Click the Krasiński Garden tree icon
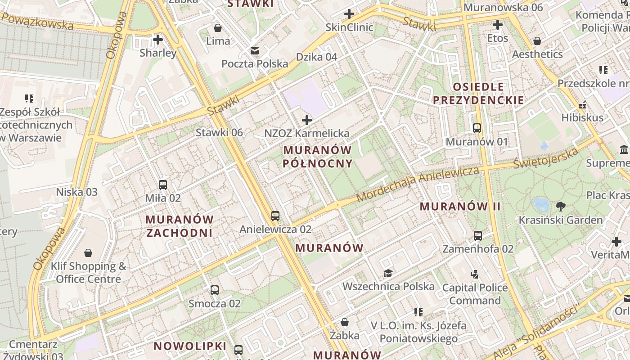pyautogui.click(x=560, y=207)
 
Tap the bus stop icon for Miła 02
pyautogui.click(x=163, y=184)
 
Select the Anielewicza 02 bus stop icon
pyautogui.click(x=275, y=216)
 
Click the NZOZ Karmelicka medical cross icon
pyautogui.click(x=307, y=120)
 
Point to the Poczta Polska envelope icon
pyautogui.click(x=255, y=50)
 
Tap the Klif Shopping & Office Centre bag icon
pyautogui.click(x=88, y=253)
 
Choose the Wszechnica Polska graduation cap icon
pyautogui.click(x=388, y=273)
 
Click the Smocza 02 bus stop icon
pyautogui.click(x=215, y=290)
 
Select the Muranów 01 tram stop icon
pyautogui.click(x=477, y=128)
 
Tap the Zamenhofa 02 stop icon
pyautogui.click(x=478, y=235)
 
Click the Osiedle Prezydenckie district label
pyautogui.click(x=478, y=93)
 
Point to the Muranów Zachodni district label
pyautogui.click(x=180, y=226)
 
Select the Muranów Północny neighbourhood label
pyautogui.click(x=318, y=156)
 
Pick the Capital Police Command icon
pyautogui.click(x=474, y=274)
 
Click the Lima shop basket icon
pyautogui.click(x=218, y=28)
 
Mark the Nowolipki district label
pyautogui.click(x=190, y=346)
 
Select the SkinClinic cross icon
pyautogui.click(x=349, y=14)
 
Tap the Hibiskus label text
pyautogui.click(x=582, y=118)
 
